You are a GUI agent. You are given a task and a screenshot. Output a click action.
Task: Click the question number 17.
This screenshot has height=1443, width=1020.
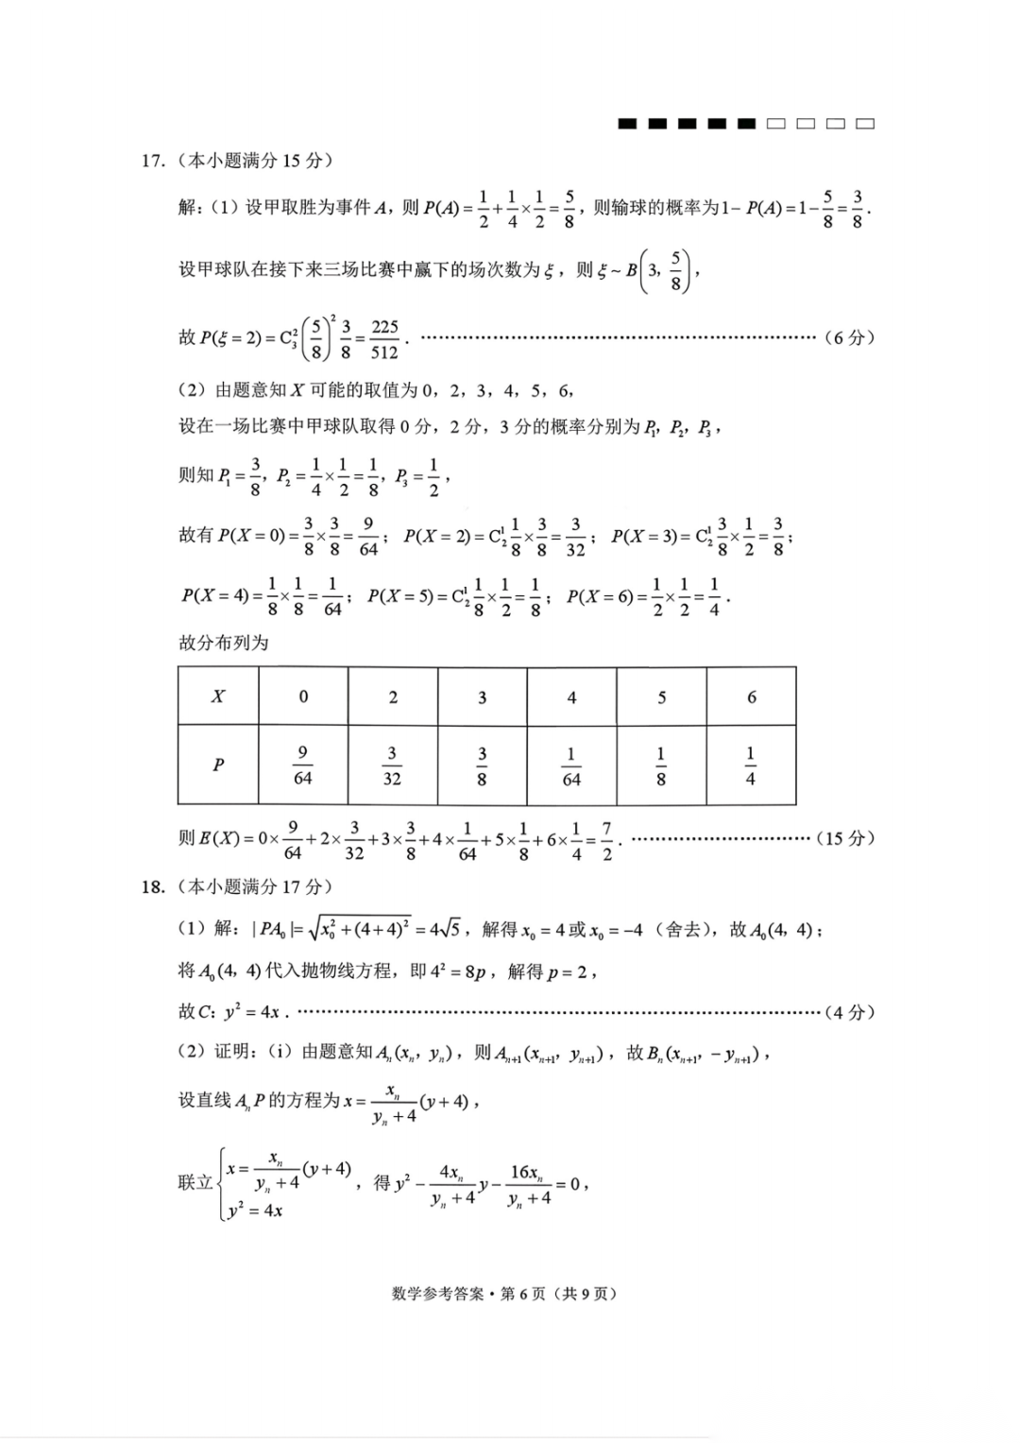coord(153,161)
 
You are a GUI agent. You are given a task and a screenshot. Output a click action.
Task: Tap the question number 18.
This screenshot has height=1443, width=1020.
coord(153,886)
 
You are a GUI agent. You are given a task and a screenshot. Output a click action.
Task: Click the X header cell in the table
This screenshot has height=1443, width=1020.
coord(218,696)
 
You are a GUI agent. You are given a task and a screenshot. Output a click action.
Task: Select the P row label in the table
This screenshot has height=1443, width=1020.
coord(218,764)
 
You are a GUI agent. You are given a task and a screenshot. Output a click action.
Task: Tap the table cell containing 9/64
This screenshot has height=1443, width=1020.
coord(302,765)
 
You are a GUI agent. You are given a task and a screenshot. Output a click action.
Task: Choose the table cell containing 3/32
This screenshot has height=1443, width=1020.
coord(392,765)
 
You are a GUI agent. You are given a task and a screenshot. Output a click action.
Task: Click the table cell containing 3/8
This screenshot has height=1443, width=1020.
coord(482,765)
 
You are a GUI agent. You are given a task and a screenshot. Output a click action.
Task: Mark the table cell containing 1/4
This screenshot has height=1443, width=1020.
coord(751,765)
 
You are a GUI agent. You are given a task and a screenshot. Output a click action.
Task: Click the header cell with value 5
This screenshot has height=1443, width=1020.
coord(661,697)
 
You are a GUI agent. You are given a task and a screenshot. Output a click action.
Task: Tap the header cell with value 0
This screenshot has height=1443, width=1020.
coord(303,696)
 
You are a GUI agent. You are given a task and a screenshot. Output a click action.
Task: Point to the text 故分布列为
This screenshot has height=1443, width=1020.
coord(224,643)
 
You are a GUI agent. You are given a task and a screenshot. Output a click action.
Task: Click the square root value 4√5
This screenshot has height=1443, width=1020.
coord(445,929)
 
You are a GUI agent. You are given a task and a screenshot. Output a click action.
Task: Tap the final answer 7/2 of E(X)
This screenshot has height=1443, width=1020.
coord(606,839)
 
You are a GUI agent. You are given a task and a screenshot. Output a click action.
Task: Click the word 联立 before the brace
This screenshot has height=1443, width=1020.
coord(195,1182)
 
